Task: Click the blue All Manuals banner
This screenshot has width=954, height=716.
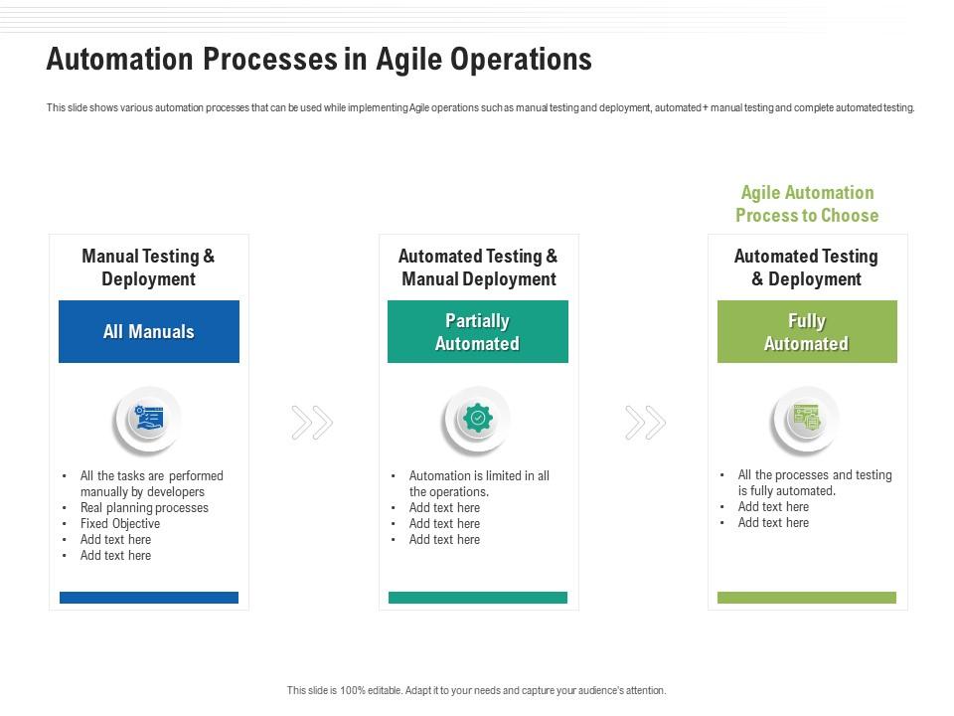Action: click(x=149, y=331)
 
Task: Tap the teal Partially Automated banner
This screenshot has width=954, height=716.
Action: click(x=478, y=331)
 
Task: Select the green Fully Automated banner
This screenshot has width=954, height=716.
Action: click(x=807, y=331)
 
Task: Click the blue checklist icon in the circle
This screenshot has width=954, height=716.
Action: click(x=149, y=419)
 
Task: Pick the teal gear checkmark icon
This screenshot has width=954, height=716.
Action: click(x=478, y=418)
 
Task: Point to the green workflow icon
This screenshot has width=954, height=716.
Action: click(x=807, y=418)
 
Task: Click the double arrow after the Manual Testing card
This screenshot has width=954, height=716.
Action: click(x=312, y=423)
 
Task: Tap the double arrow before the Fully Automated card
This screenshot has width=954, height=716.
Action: click(x=646, y=423)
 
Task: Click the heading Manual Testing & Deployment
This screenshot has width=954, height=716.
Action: click(x=148, y=268)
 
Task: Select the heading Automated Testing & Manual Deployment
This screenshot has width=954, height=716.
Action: click(x=478, y=268)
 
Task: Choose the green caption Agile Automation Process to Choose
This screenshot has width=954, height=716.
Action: click(x=807, y=204)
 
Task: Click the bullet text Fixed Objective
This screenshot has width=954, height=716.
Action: click(x=120, y=524)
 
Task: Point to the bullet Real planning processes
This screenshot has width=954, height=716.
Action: click(x=144, y=508)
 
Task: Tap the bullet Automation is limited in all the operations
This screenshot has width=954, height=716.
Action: click(x=479, y=483)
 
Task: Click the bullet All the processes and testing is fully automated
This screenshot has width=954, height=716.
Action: click(x=815, y=483)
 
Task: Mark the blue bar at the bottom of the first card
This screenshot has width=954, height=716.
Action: click(x=149, y=598)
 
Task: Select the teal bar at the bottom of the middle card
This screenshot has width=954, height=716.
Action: click(x=478, y=598)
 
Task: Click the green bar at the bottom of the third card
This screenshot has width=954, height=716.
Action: click(x=807, y=598)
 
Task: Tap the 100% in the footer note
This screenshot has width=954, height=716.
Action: click(x=353, y=690)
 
